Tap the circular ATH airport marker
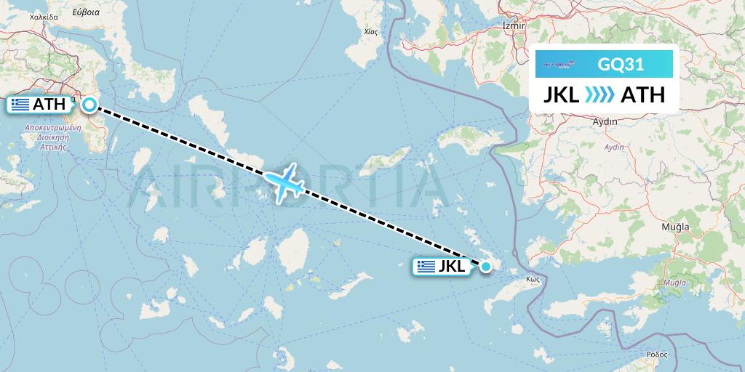(x=89, y=105)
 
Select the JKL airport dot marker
(x=485, y=267)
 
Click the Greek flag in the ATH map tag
(x=21, y=105)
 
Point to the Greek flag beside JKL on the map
(x=426, y=267)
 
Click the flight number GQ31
(x=621, y=65)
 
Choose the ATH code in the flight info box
(x=642, y=95)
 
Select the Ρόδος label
(x=656, y=354)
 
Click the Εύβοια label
(x=86, y=12)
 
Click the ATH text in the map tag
(x=49, y=105)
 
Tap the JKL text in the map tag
(x=452, y=267)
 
